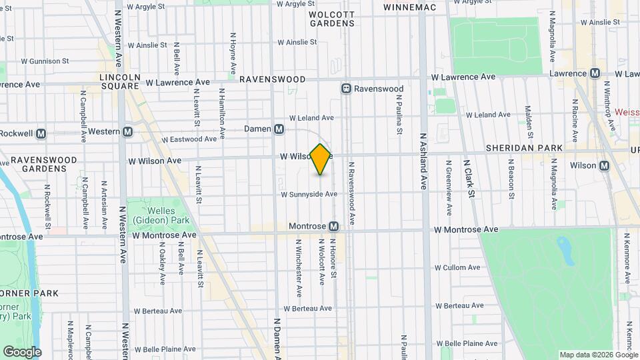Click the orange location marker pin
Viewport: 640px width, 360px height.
[321, 159]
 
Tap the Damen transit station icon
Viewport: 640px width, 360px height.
[279, 129]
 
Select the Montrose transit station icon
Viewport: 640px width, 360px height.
[333, 227]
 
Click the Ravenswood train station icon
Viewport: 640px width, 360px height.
[346, 88]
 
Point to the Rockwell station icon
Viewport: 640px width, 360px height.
[41, 133]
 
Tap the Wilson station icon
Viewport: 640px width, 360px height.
[605, 165]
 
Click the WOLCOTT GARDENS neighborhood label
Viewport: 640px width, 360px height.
[331, 18]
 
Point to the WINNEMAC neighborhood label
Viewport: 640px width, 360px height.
[409, 7]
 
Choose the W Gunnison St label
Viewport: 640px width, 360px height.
[45, 61]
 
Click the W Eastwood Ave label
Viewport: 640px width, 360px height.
[193, 139]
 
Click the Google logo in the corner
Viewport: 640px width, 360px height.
[22, 351]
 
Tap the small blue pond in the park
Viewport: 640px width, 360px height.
[566, 251]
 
